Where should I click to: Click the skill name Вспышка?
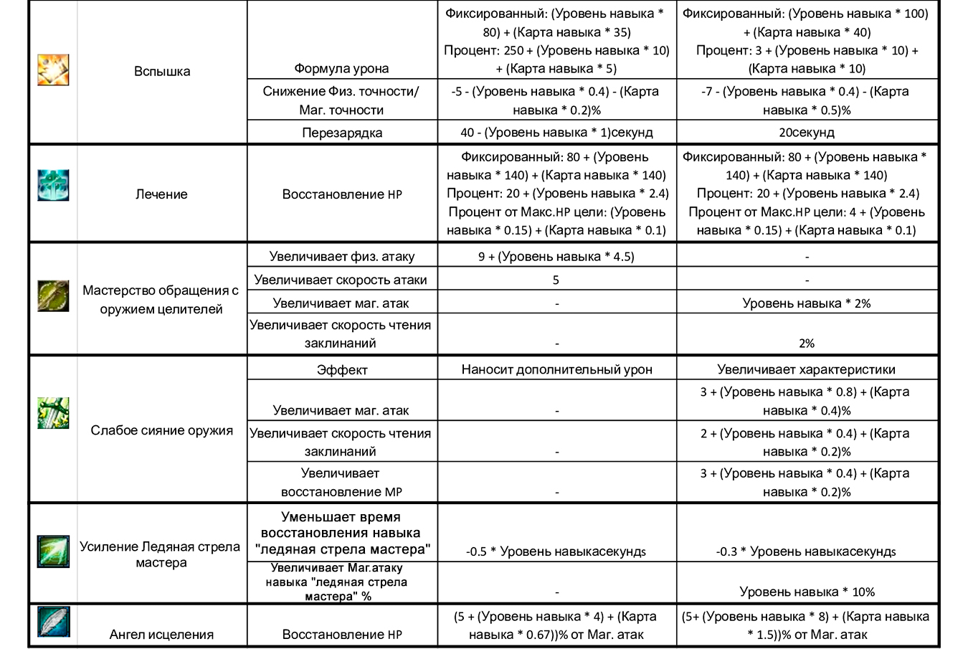pyautogui.click(x=162, y=71)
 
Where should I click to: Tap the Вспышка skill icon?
pyautogui.click(x=53, y=70)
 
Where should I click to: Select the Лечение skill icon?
pyautogui.click(x=53, y=186)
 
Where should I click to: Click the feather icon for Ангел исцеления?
pyautogui.click(x=53, y=621)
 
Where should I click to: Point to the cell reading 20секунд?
pyautogui.click(x=807, y=133)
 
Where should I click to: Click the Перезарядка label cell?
pyautogui.click(x=342, y=133)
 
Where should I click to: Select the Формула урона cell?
pyautogui.click(x=342, y=69)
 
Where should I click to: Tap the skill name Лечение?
pyautogui.click(x=162, y=194)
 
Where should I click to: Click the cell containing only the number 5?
pyautogui.click(x=556, y=280)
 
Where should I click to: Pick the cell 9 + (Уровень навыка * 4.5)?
pyautogui.click(x=556, y=256)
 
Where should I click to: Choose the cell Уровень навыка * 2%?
pyautogui.click(x=807, y=303)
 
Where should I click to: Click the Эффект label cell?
pyautogui.click(x=342, y=370)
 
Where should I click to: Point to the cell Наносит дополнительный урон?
pyautogui.click(x=556, y=370)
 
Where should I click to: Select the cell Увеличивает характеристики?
pyautogui.click(x=807, y=370)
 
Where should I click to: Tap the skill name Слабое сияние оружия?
pyautogui.click(x=162, y=430)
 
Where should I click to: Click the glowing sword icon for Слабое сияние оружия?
pyautogui.click(x=53, y=412)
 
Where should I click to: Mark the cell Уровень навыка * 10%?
pyautogui.click(x=807, y=592)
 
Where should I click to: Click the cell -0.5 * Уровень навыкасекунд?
pyautogui.click(x=556, y=551)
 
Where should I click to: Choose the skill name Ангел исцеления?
pyautogui.click(x=162, y=634)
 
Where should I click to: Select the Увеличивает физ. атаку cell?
pyautogui.click(x=342, y=256)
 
